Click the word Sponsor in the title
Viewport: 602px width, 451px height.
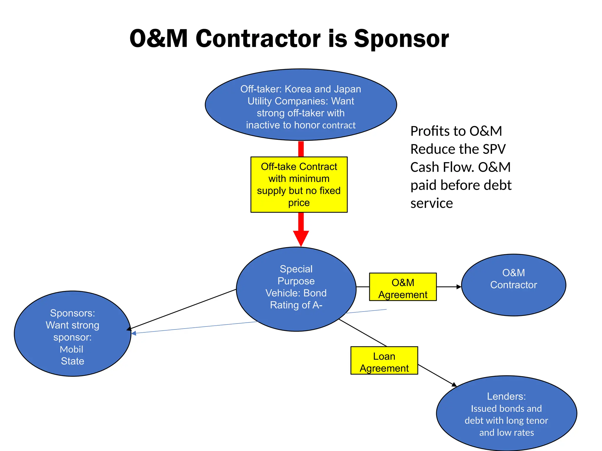coord(401,39)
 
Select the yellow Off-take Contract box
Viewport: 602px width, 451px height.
coord(299,184)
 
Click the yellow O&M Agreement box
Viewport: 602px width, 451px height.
coord(403,287)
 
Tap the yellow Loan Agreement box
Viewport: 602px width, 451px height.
coord(384,360)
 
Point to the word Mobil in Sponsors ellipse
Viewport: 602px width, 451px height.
coord(71,349)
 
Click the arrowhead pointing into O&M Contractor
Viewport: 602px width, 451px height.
coord(459,287)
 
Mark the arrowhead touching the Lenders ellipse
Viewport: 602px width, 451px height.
coord(454,384)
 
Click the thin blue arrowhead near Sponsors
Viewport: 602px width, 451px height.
coord(134,333)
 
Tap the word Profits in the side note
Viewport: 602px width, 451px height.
coord(429,131)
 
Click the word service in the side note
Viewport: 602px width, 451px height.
coord(431,203)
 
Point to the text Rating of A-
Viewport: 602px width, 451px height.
coord(296,305)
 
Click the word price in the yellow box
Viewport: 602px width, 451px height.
coord(299,203)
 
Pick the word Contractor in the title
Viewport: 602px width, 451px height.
coord(258,39)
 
